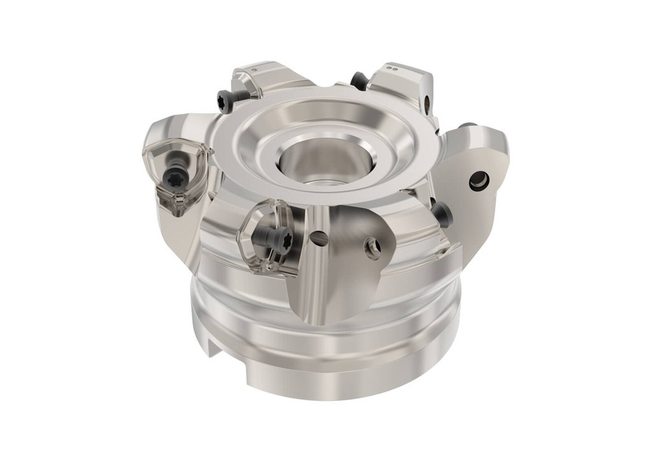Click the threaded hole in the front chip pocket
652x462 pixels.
coord(372,247)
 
